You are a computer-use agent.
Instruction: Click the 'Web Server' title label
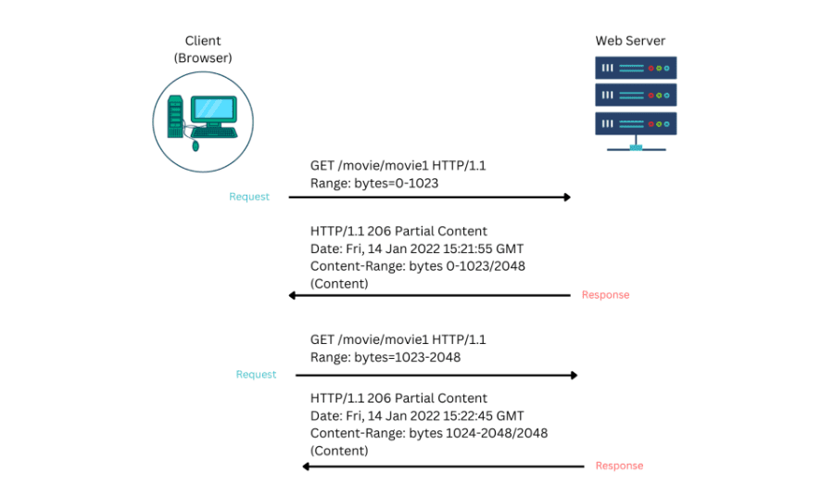(630, 41)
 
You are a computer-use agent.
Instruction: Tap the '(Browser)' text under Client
(203, 58)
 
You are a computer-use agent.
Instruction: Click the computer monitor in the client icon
(214, 111)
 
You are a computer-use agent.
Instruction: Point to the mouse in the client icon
(196, 146)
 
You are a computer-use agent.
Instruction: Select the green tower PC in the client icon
(175, 117)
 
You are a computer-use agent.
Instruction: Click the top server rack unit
(636, 68)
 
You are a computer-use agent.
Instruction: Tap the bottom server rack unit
(636, 123)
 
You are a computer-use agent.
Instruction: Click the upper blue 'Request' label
(249, 197)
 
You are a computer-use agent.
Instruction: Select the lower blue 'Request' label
(256, 375)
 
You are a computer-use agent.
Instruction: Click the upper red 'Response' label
(605, 295)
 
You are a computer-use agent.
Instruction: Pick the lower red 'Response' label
(619, 466)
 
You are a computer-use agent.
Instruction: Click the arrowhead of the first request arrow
(567, 198)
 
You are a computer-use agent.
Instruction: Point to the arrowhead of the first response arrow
(292, 295)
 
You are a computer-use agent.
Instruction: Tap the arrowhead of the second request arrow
(575, 376)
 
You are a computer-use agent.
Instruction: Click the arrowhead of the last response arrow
(306, 466)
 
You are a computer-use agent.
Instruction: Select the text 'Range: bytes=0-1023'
(374, 183)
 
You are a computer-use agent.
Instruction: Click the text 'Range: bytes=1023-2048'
(385, 357)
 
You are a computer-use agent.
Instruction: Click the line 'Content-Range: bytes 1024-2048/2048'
(429, 433)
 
